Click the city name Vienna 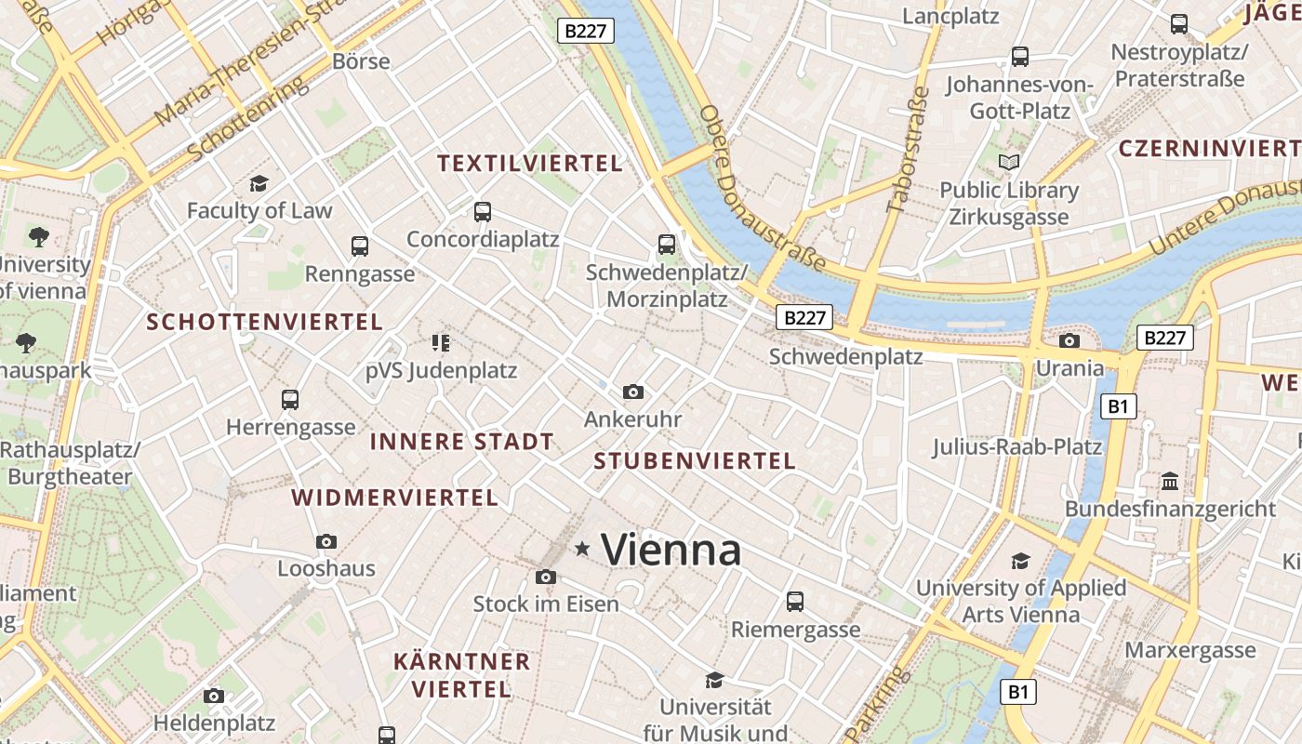[x=671, y=550]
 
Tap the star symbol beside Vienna [x=583, y=549]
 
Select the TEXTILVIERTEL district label [x=529, y=164]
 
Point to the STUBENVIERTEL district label [x=695, y=460]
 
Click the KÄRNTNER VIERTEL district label [x=461, y=675]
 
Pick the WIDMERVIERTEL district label [x=395, y=498]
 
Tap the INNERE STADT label [x=462, y=442]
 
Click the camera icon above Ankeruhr [x=633, y=392]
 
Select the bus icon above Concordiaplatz [x=482, y=211]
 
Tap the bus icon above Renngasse [x=360, y=246]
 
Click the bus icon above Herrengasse [x=290, y=400]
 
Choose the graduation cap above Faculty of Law [x=259, y=183]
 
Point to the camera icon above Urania [x=1069, y=340]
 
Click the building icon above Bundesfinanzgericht [x=1170, y=482]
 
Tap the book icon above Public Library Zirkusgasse [x=1009, y=163]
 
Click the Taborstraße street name [x=908, y=150]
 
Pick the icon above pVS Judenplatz [x=441, y=343]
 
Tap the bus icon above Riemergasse [x=795, y=602]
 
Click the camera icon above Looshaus [x=326, y=541]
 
